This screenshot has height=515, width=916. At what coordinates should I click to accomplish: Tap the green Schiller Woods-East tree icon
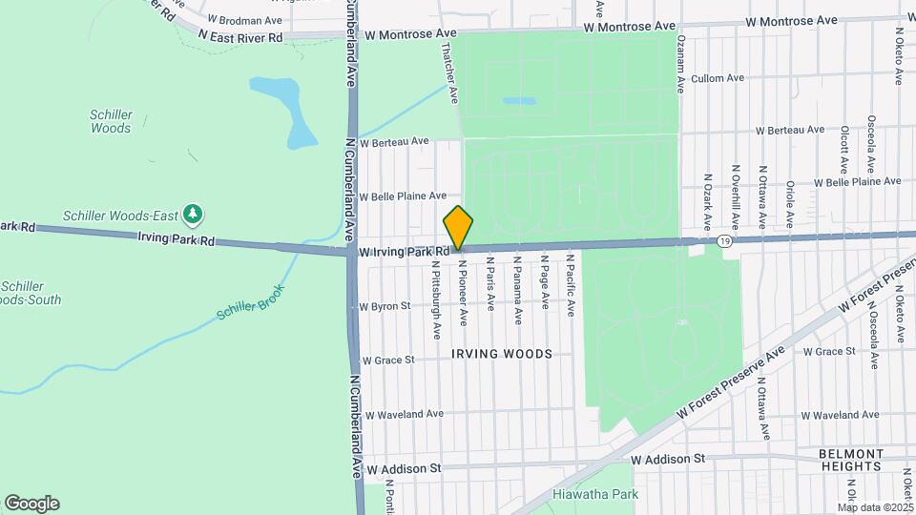tap(194, 212)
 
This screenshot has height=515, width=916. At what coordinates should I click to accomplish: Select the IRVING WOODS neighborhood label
tap(502, 354)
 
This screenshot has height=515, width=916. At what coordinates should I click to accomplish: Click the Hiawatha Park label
tap(601, 494)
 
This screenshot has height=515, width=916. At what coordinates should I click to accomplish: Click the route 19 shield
tap(727, 242)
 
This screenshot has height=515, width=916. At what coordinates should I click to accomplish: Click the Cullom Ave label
tap(717, 78)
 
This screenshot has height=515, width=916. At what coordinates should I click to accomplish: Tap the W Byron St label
tap(385, 306)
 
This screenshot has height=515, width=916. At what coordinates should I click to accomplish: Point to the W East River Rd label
tap(240, 36)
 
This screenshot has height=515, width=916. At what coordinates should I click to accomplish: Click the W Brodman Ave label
tap(246, 19)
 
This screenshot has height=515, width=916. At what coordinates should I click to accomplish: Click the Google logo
tap(31, 503)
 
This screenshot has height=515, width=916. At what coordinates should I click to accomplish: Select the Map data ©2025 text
tap(876, 507)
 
